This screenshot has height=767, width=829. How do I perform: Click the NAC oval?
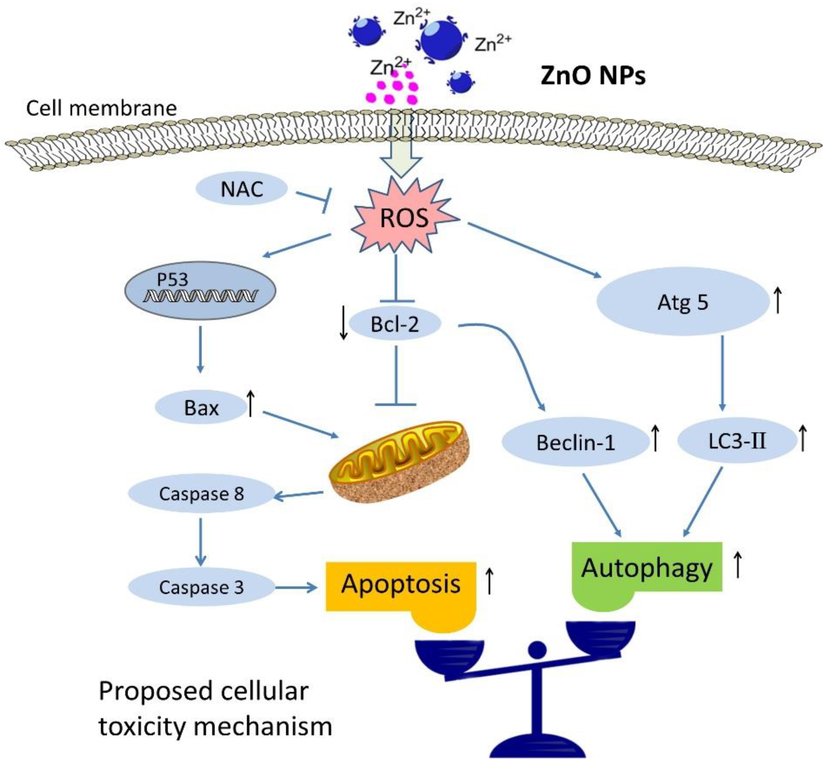(x=242, y=189)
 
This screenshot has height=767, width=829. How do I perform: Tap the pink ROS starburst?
(x=404, y=217)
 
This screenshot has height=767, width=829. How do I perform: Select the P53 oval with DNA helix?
(x=200, y=290)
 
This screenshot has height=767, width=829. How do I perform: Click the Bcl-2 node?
(x=395, y=324)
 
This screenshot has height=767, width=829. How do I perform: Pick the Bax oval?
(x=201, y=408)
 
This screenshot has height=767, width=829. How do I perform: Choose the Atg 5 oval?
(x=683, y=302)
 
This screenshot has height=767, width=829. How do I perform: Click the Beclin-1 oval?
(x=575, y=443)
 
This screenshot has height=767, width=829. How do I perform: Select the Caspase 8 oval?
(x=201, y=494)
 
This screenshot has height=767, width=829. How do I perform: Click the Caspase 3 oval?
(x=201, y=587)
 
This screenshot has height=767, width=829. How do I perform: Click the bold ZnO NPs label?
(x=593, y=76)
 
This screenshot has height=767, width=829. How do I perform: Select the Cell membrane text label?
(x=101, y=108)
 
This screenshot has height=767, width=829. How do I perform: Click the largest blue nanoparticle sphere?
(x=441, y=41)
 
